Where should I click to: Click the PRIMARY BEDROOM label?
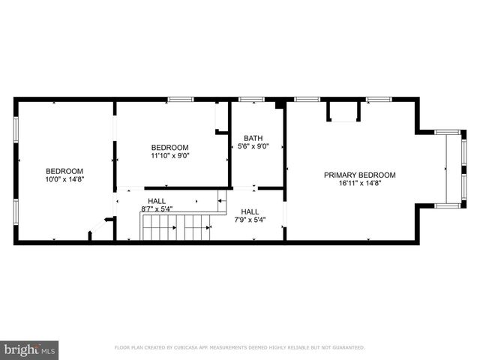tap(359, 175)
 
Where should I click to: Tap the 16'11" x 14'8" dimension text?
tap(359, 183)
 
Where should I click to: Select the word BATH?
tap(253, 138)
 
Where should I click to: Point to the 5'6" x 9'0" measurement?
tap(253, 147)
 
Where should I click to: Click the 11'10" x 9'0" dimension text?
tap(170, 156)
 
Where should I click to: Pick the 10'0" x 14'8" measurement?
tap(64, 179)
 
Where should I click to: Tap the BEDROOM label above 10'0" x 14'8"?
tap(64, 171)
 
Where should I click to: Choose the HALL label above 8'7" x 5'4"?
tap(156, 201)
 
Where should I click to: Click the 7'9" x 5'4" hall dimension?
tap(250, 220)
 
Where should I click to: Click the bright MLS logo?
tap(30, 349)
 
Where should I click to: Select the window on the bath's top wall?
tap(252, 99)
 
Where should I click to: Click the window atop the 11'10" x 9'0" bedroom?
tap(180, 99)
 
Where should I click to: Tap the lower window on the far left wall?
tap(16, 210)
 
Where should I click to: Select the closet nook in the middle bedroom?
tap(221, 118)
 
